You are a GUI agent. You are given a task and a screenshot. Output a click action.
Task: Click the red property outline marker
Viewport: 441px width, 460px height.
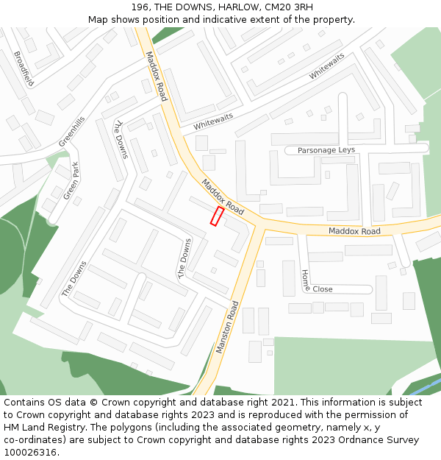tap(218, 216)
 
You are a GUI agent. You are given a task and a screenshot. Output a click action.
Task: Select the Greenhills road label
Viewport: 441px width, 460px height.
tap(72, 131)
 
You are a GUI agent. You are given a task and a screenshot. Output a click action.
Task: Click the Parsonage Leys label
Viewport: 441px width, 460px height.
tap(326, 150)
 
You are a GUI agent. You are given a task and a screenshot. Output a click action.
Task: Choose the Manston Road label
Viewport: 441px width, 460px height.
tap(228, 328)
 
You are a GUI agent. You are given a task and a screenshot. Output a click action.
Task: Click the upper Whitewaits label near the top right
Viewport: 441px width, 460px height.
tap(326, 66)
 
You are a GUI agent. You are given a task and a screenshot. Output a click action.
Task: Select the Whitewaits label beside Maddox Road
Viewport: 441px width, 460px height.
tap(213, 121)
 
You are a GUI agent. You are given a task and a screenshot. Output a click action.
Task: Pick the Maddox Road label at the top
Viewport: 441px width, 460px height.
tap(156, 76)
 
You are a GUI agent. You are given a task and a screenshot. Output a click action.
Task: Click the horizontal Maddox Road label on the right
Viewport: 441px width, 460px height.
tap(354, 231)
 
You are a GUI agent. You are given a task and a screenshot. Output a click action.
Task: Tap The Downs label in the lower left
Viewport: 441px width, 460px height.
tap(74, 278)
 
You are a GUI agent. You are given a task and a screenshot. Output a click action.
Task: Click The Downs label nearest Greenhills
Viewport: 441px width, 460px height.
tap(121, 138)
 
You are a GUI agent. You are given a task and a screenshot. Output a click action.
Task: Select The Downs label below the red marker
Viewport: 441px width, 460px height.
tap(184, 258)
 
